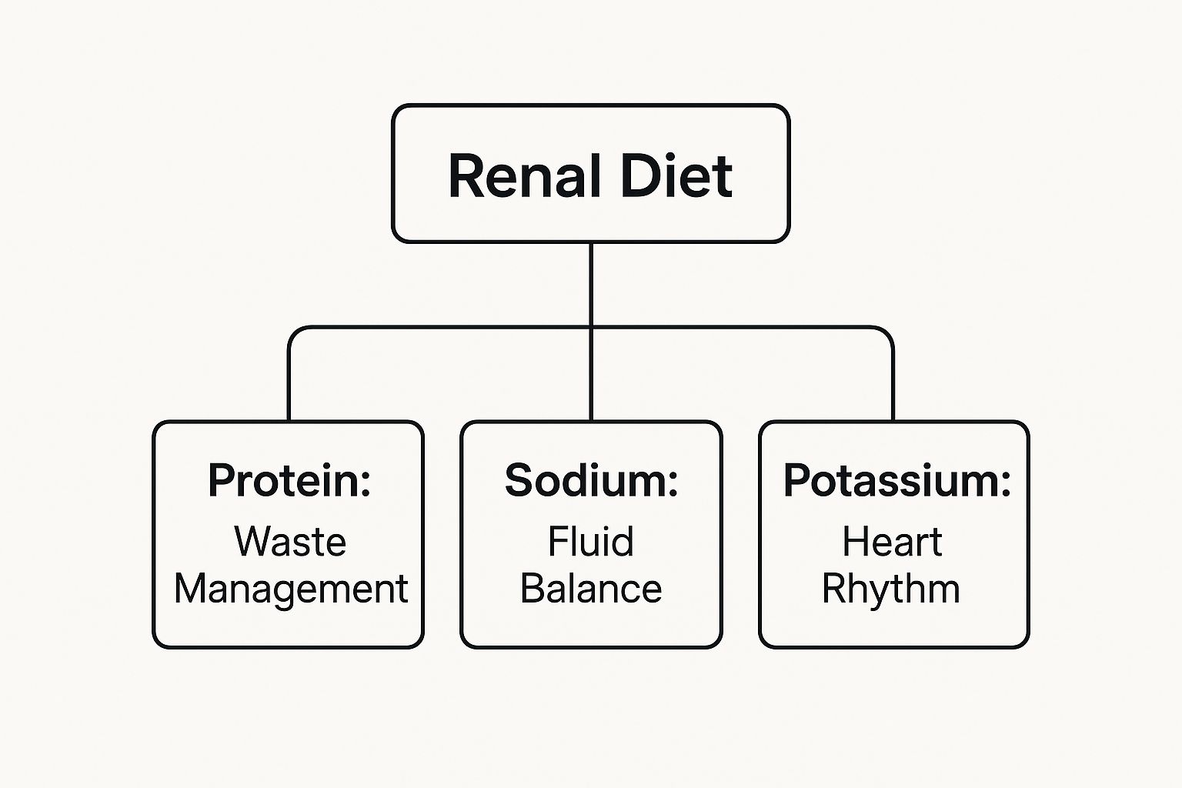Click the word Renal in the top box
coord(523,176)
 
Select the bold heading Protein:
coord(289,480)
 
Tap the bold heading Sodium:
coord(591,480)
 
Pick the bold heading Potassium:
coord(897,480)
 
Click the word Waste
coord(290,541)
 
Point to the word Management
coord(291,589)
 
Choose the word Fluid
coord(590,541)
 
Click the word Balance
coord(590,589)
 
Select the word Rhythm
coord(890,589)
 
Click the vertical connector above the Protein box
coord(289,385)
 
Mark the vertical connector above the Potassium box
coord(893,385)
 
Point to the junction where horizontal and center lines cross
coord(591,327)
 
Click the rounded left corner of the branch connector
coord(294,332)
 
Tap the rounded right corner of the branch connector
coord(888,332)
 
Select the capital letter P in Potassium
coord(796,480)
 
